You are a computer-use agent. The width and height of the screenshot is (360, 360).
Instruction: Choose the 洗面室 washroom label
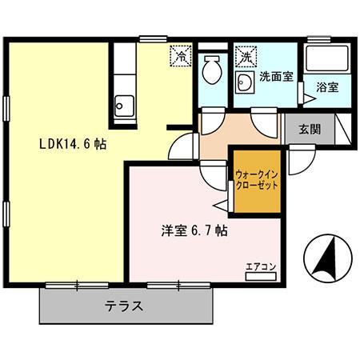276,78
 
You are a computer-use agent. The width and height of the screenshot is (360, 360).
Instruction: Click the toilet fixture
212,72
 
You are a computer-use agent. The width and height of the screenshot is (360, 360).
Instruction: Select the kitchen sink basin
124,105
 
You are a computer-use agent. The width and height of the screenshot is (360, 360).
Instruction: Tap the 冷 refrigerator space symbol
182,56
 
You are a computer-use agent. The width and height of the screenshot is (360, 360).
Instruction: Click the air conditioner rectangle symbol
260,276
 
